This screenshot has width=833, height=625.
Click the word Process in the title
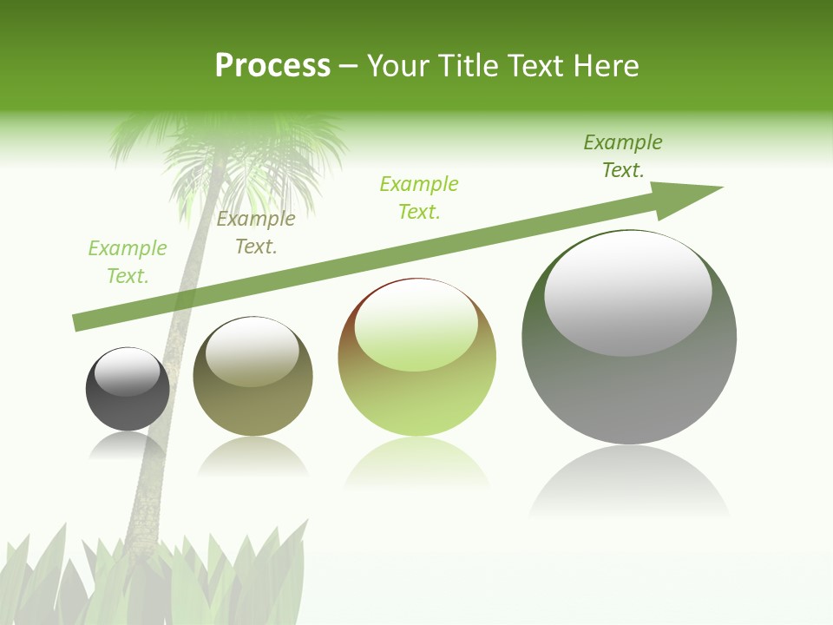[x=272, y=66]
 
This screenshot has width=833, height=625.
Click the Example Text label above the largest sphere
[x=622, y=156]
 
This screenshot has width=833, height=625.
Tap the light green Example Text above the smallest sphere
[x=127, y=262]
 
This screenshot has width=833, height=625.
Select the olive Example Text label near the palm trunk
[x=255, y=233]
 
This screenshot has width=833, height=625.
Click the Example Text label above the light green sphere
[x=419, y=198]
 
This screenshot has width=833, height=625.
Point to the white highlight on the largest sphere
[x=627, y=291]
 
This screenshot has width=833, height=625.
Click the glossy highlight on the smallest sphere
[x=128, y=371]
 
